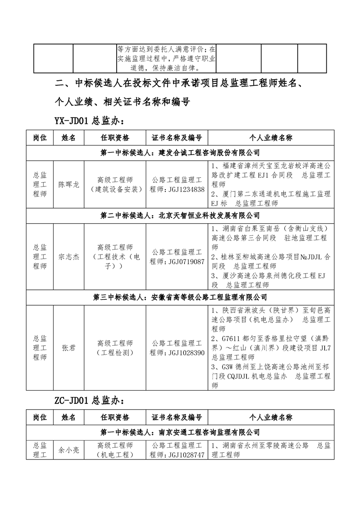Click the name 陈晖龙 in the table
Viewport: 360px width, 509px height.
click(69, 185)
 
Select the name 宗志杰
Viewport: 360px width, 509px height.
click(69, 257)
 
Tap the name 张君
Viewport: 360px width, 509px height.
click(69, 347)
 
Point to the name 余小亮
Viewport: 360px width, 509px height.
click(69, 450)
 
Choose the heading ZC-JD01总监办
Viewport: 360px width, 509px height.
click(89, 401)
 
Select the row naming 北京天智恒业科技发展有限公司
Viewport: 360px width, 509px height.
click(180, 215)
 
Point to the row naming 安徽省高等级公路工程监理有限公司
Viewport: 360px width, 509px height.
click(180, 298)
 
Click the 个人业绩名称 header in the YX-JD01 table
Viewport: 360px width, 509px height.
click(271, 137)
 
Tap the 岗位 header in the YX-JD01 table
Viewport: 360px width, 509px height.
click(40, 137)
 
